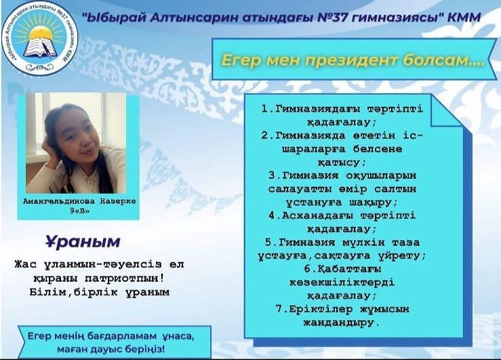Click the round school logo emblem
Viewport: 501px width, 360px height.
tap(40, 38)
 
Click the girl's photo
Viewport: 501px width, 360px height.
tap(76, 143)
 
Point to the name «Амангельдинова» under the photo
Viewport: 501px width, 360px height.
tap(59, 201)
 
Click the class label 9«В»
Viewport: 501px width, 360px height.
tap(80, 211)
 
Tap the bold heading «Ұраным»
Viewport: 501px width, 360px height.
tap(83, 242)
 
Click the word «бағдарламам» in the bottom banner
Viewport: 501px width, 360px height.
tap(121, 336)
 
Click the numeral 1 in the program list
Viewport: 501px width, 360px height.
tap(264, 109)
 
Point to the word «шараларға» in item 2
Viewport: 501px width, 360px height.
tap(314, 149)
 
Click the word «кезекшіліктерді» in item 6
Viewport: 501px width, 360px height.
tap(342, 283)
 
